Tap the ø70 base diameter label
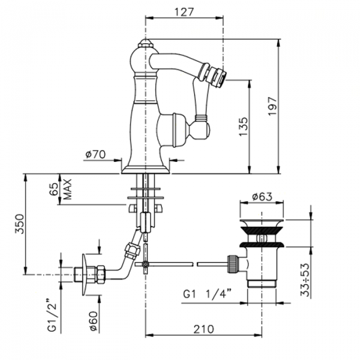pyautogui.click(x=95, y=155)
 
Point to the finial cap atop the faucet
pyautogui.click(x=145, y=43)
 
